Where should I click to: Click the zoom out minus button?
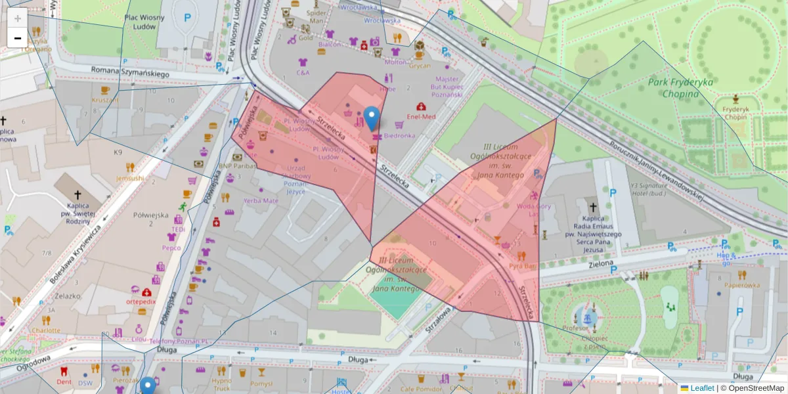17,38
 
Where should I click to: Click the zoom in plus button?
17,18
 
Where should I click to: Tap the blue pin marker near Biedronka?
372,118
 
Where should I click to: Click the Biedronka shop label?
399,136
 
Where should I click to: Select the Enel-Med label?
421,116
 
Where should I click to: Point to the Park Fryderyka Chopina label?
680,88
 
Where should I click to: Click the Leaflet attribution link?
702,388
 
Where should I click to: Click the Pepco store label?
171,248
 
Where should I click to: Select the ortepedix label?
141,301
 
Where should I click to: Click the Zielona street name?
602,264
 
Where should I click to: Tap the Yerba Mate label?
261,200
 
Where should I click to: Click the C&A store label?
303,73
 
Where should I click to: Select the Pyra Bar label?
522,266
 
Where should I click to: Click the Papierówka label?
742,285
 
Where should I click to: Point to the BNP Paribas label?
237,166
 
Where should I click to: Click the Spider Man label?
317,16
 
